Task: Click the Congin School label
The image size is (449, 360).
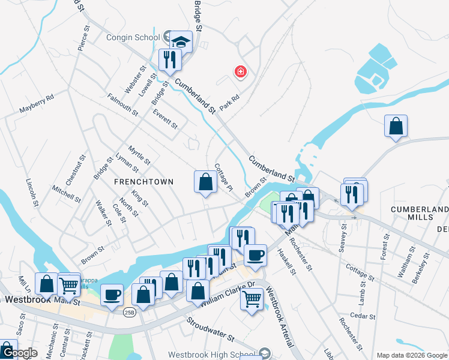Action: click(x=133, y=37)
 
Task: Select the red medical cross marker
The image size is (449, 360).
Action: click(x=241, y=73)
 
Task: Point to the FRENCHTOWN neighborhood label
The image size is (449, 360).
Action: click(x=145, y=182)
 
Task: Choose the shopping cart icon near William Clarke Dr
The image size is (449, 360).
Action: click(x=252, y=298)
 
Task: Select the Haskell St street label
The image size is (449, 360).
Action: click(x=287, y=262)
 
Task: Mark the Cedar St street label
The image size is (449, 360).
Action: click(x=363, y=316)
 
